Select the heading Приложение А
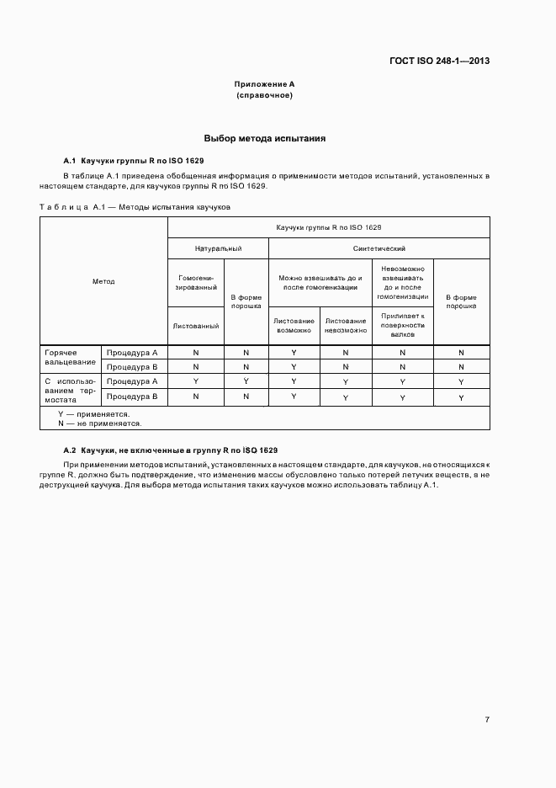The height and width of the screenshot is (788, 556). [x=264, y=84]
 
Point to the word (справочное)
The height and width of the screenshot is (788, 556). [x=264, y=95]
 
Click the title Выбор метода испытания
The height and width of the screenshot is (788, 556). [x=264, y=137]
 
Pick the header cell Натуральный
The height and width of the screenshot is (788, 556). [x=219, y=249]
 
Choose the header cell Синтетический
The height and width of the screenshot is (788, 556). [x=379, y=249]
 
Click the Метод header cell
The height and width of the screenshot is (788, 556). [x=103, y=281]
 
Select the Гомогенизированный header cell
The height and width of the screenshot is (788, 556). [x=196, y=282]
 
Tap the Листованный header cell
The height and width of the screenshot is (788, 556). [x=196, y=325]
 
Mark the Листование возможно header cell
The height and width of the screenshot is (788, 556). [x=294, y=325]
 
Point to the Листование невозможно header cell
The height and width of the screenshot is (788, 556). [x=346, y=325]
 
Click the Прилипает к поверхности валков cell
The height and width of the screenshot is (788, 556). [x=402, y=325]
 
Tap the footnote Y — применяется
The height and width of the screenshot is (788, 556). [x=93, y=414]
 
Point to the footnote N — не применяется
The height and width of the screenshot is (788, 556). [x=99, y=423]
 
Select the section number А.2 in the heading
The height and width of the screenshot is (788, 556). [x=70, y=450]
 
